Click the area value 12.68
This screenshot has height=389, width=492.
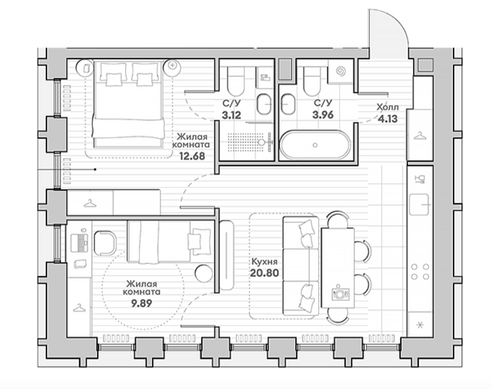click(192, 156)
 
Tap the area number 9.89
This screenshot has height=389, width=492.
click(141, 303)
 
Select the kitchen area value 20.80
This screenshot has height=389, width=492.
click(265, 273)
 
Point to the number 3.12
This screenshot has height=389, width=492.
click(232, 115)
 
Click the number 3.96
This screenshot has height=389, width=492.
click(323, 115)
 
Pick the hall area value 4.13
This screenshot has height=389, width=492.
click(388, 119)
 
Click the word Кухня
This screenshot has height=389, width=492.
click(265, 262)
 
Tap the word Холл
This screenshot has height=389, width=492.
click(388, 108)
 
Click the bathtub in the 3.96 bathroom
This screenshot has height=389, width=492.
click(315, 144)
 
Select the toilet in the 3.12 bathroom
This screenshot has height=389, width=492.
click(235, 81)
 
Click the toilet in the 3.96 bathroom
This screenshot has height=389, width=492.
click(312, 82)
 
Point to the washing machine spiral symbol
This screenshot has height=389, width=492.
click(340, 72)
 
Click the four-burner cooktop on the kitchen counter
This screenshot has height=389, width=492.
click(420, 272)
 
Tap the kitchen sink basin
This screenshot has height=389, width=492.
click(419, 205)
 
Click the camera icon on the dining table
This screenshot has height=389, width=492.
click(340, 293)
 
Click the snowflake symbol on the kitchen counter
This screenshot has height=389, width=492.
click(420, 325)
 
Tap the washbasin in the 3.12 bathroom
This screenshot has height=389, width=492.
click(264, 104)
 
